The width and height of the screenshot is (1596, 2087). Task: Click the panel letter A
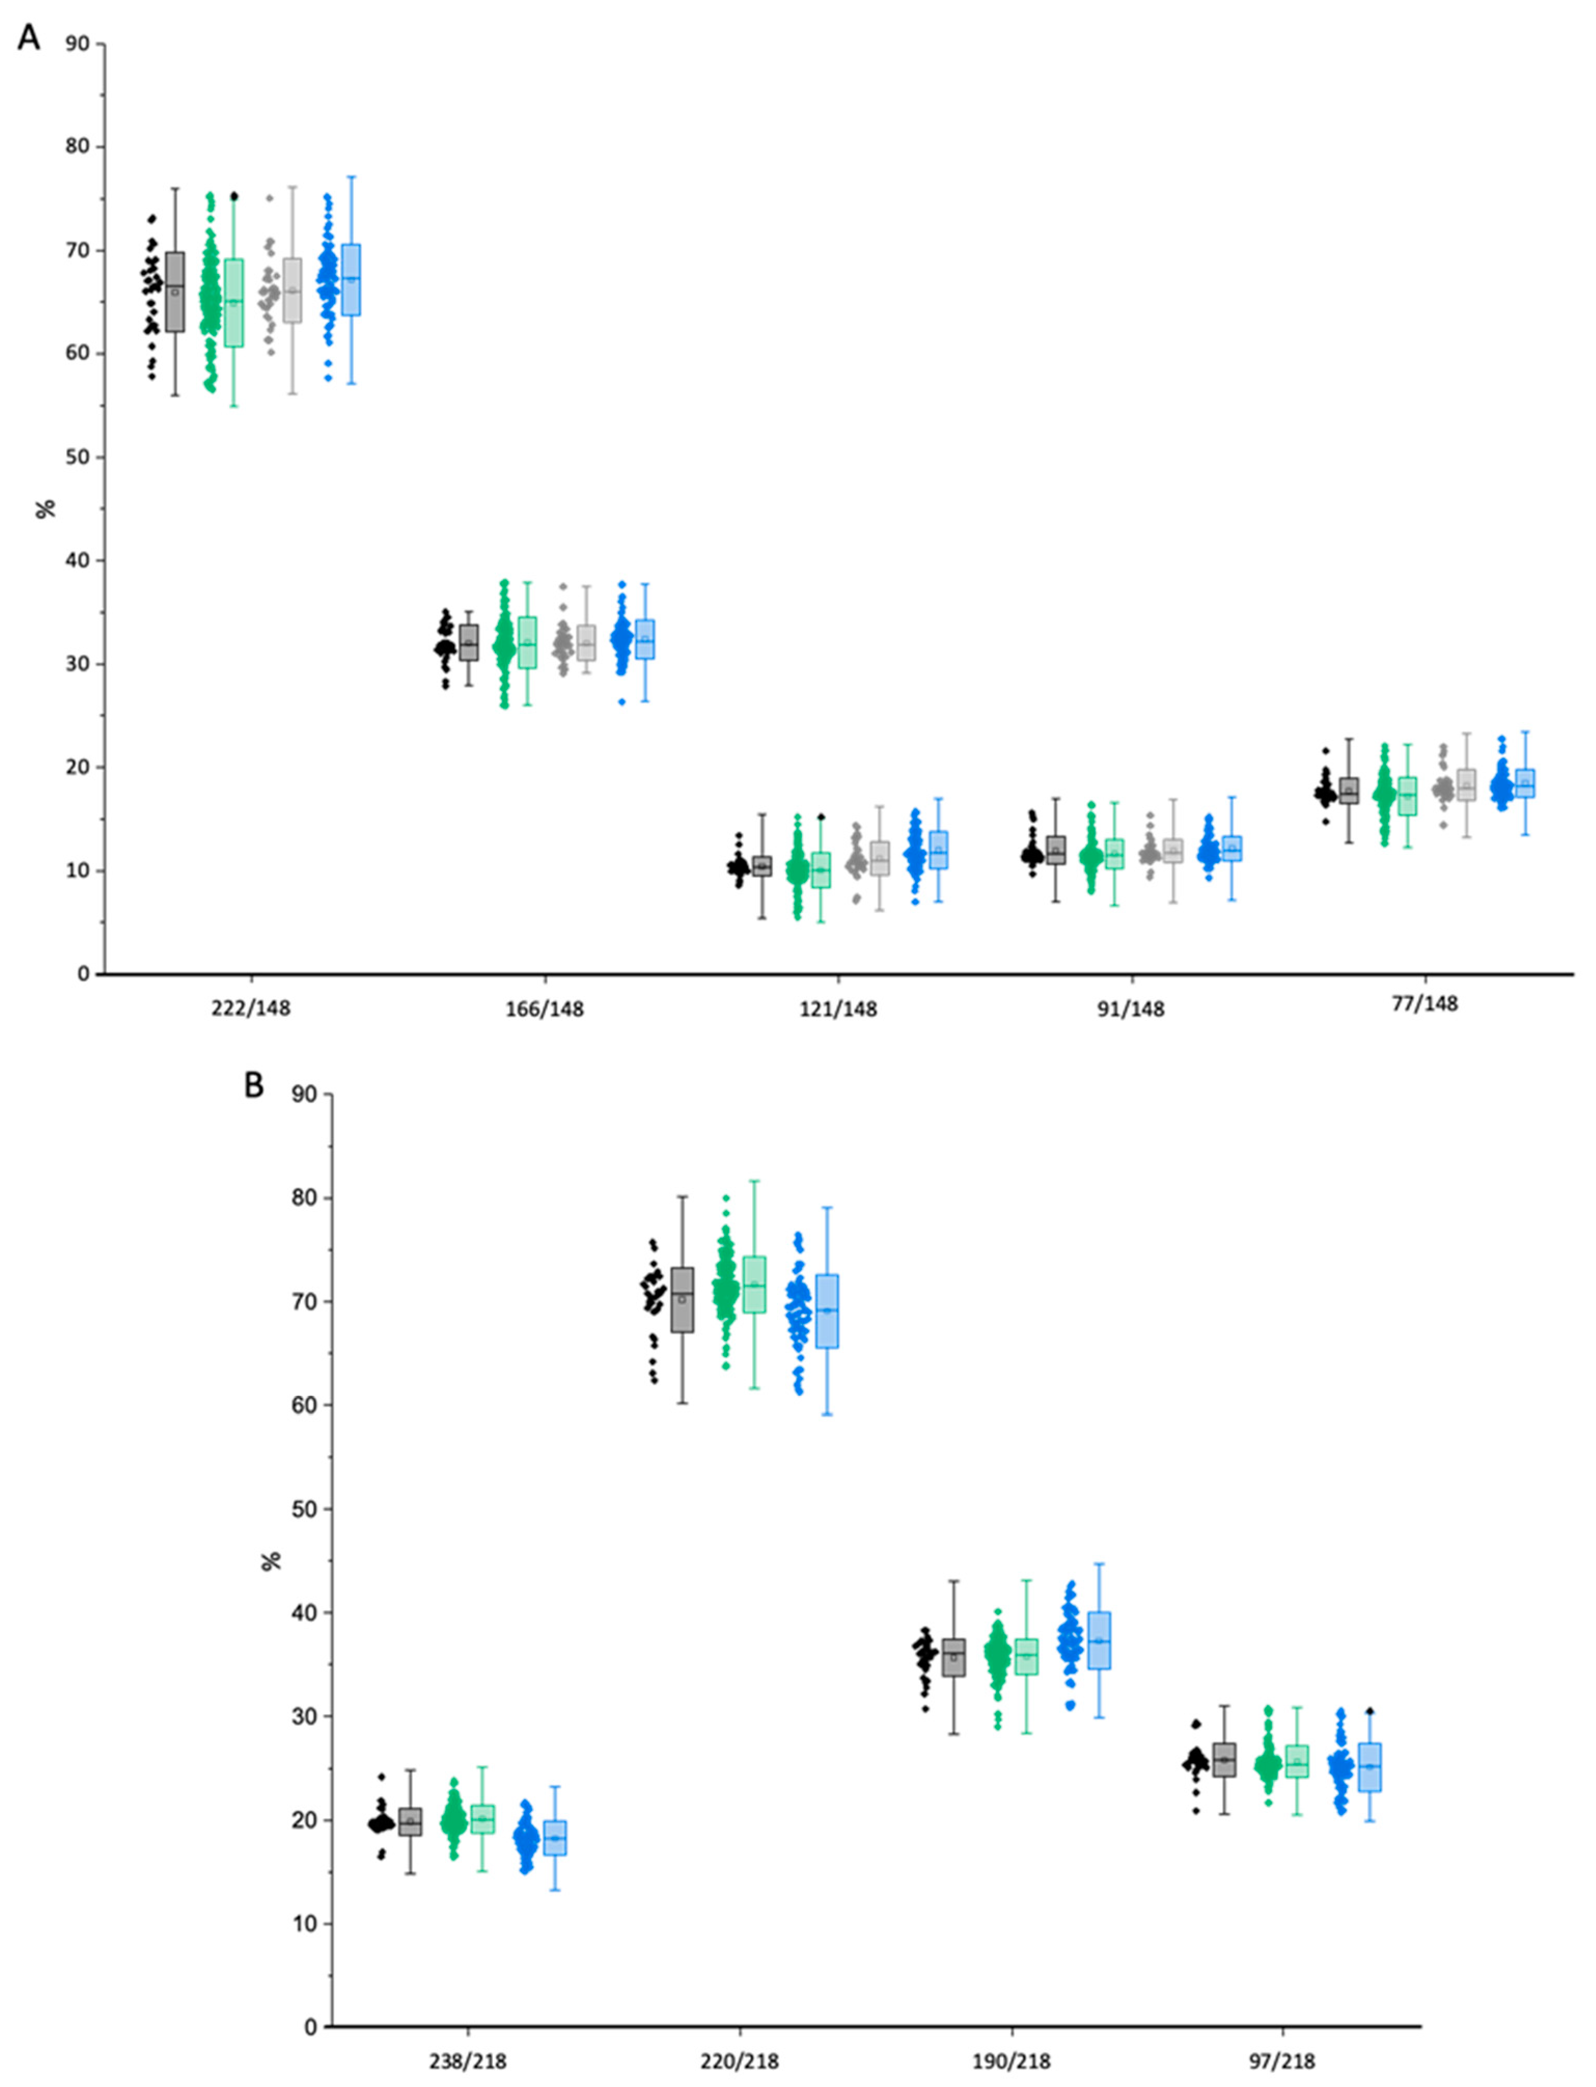[30, 38]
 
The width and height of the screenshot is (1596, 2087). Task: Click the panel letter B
[254, 1084]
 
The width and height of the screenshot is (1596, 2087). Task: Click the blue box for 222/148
[352, 279]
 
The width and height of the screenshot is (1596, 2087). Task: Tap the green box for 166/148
[528, 643]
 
